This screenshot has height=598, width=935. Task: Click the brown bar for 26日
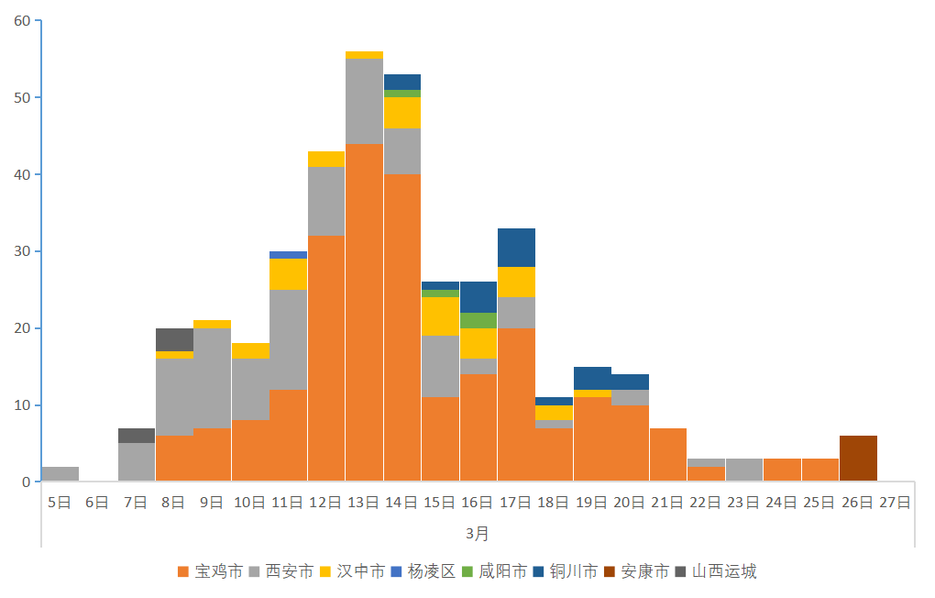point(858,459)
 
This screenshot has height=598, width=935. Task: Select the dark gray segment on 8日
point(174,339)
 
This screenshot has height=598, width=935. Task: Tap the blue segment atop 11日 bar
point(288,255)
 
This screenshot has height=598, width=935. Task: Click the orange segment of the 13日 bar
point(364,312)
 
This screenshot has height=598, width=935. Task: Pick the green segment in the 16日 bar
point(478,320)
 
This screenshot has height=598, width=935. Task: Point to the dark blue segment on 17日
point(516,248)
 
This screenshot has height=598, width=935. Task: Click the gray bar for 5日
point(60,474)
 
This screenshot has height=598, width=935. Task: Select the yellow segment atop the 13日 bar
point(364,55)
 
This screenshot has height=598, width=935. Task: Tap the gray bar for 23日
point(744,471)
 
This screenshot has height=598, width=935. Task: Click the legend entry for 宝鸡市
point(211,571)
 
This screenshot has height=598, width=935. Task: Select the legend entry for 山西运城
point(716,571)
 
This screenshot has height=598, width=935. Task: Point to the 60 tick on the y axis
point(23,20)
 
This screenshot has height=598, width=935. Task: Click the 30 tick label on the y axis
point(23,251)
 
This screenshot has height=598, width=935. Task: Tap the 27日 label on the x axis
point(896,503)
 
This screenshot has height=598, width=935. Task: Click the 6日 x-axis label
point(98,503)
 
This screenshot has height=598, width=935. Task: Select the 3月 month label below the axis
point(478,533)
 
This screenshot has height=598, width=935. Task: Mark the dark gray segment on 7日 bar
point(137,436)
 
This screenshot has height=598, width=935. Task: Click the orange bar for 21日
point(668,455)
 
